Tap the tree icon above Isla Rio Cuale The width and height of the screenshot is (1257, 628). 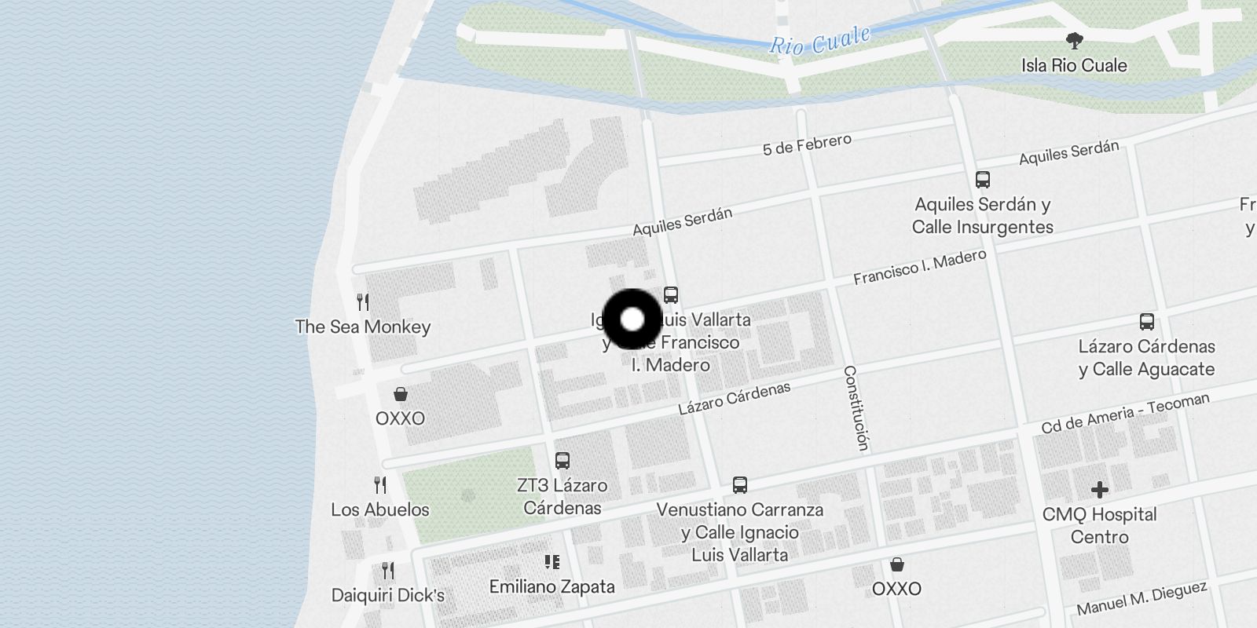point(1074,40)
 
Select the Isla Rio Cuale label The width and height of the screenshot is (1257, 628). point(1074,66)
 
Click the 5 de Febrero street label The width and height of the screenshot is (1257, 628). point(807,144)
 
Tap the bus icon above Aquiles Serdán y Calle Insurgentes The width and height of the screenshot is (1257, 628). point(982,180)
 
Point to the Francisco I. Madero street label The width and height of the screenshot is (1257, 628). point(920,267)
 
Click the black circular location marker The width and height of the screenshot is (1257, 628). point(632,319)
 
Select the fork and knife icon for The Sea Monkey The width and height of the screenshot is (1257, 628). point(363,301)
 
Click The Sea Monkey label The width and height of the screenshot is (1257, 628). point(363,327)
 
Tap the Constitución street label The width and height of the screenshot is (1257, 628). point(856,408)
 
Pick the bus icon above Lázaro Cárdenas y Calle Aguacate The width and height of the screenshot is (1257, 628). point(1147,321)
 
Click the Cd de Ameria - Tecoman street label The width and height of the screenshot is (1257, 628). point(1125,413)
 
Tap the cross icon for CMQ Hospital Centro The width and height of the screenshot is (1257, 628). point(1100,490)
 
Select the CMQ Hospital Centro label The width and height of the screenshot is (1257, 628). point(1100,525)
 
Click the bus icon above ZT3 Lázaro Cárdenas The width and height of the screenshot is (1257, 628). point(563,460)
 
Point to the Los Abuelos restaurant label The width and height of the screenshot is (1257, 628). point(380,509)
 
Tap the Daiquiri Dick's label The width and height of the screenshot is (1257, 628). point(388,595)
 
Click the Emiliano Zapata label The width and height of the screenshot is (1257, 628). point(552,586)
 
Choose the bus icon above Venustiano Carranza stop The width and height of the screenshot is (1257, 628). point(739,484)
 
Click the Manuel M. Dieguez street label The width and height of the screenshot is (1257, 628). point(1142,599)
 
